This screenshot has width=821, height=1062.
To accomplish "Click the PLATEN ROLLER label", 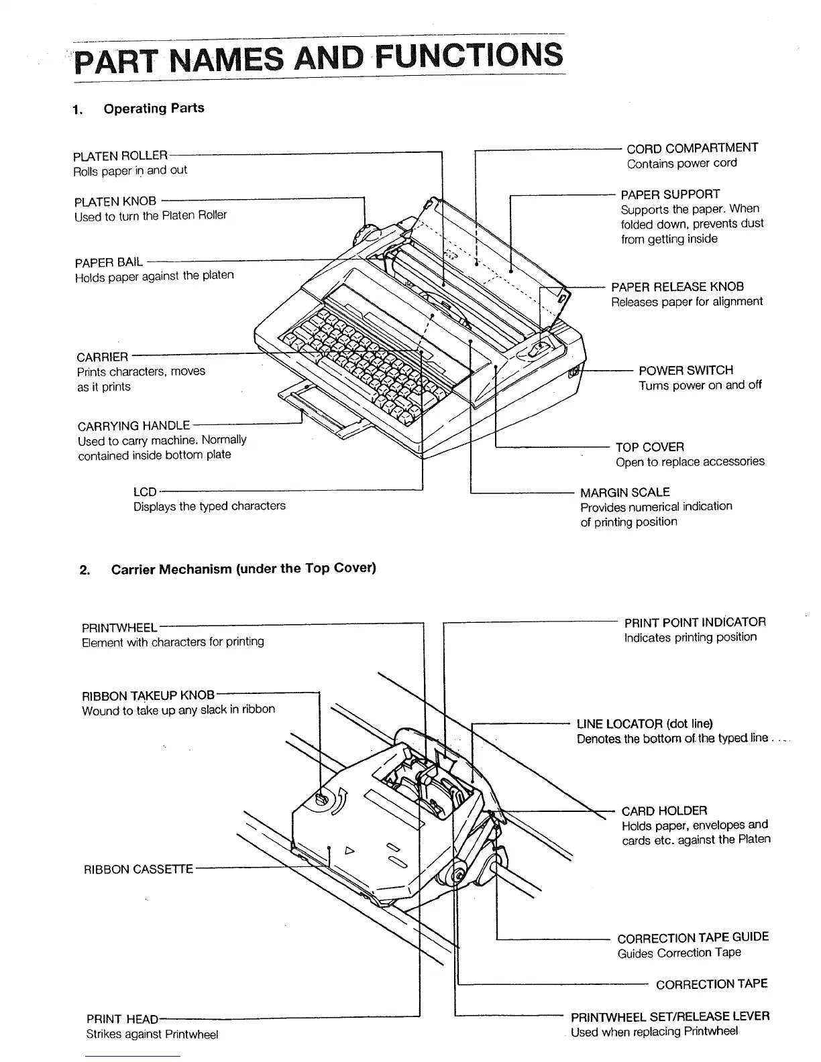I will coord(120,156).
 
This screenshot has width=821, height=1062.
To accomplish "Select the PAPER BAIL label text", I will coord(109,261).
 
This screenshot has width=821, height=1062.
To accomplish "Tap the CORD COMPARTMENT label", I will coord(692,148).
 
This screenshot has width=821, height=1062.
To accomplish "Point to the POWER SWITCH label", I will coord(686,370).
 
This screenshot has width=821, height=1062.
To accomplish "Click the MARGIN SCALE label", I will coord(624,492).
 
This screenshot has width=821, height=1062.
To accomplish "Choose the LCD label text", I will coord(145,492).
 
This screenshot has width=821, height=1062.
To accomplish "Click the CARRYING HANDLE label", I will coord(133,426).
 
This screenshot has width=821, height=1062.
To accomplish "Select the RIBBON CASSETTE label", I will coord(138,870).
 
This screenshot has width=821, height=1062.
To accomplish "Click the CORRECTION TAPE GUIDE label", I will coord(693,937).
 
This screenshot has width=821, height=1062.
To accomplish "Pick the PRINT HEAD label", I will coord(122,1019).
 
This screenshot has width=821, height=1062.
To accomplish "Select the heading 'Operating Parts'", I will coord(154,109).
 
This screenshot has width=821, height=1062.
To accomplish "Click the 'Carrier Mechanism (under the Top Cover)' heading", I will coord(243,569).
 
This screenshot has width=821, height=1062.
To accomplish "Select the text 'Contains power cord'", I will coord(681,164).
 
